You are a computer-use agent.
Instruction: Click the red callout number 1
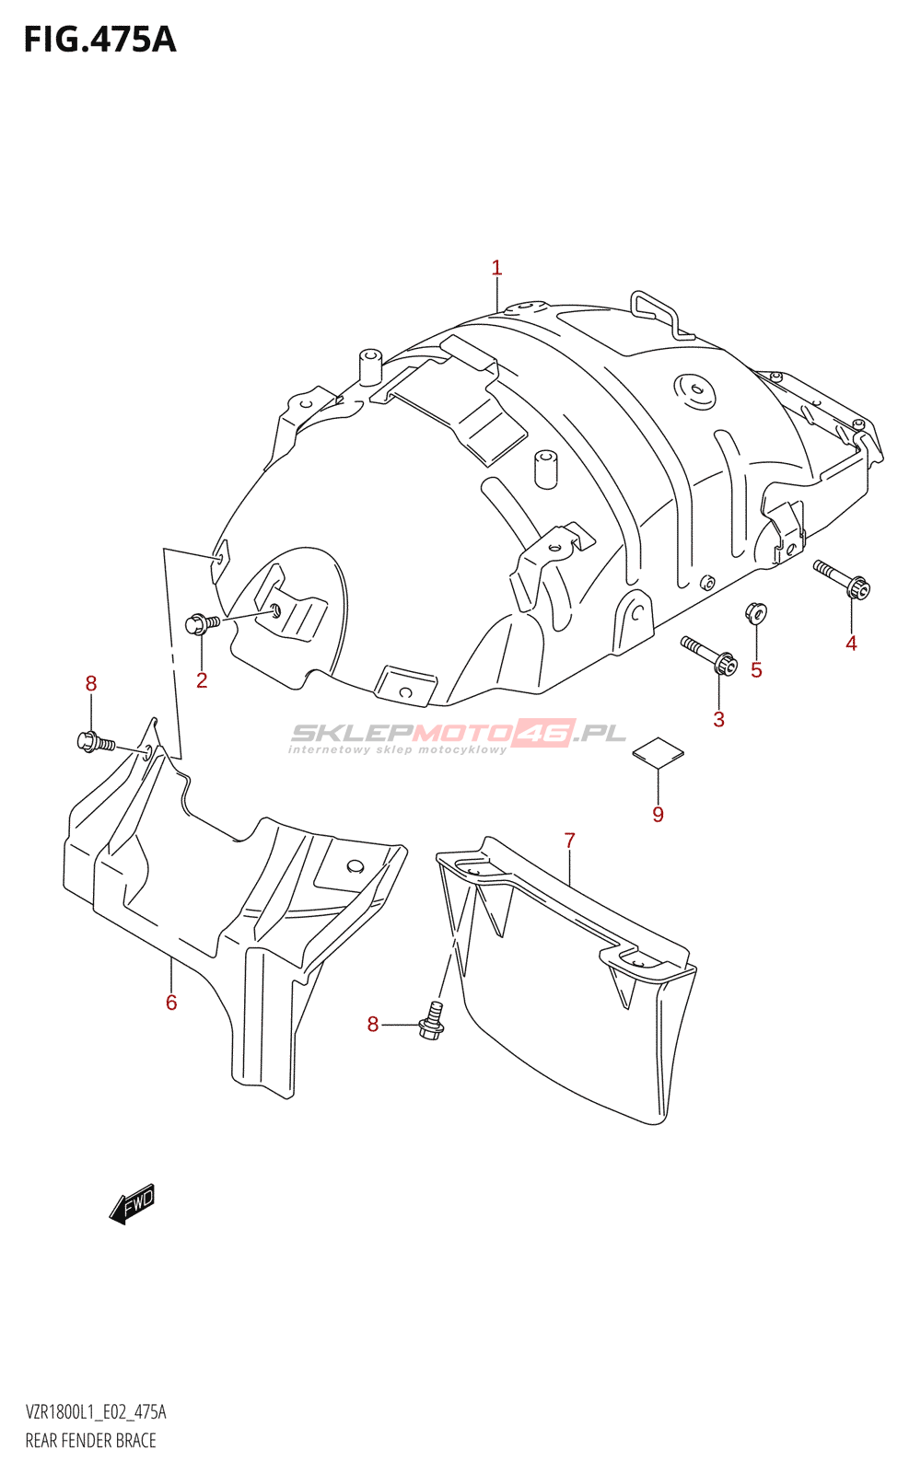(x=496, y=268)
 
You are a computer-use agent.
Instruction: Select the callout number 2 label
(x=202, y=680)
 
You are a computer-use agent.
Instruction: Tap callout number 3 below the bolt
(x=719, y=719)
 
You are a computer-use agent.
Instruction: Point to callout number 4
(x=851, y=644)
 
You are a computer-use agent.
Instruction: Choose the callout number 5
(x=756, y=670)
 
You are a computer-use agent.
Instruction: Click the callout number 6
(x=171, y=1003)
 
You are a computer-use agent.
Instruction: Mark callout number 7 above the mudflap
(x=570, y=841)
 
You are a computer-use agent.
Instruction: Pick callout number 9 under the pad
(x=658, y=814)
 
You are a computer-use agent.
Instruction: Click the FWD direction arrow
(x=133, y=1204)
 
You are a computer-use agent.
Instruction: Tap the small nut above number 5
(x=755, y=613)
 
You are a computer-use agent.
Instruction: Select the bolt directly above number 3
(x=709, y=654)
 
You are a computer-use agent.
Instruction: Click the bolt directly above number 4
(x=842, y=579)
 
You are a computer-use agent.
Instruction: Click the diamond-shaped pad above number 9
(x=658, y=752)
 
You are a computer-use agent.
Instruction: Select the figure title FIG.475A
(x=100, y=41)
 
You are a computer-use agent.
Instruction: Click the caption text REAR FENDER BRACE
(x=91, y=1441)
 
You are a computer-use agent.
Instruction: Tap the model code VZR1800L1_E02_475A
(x=96, y=1412)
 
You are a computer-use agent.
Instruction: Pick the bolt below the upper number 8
(x=96, y=742)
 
